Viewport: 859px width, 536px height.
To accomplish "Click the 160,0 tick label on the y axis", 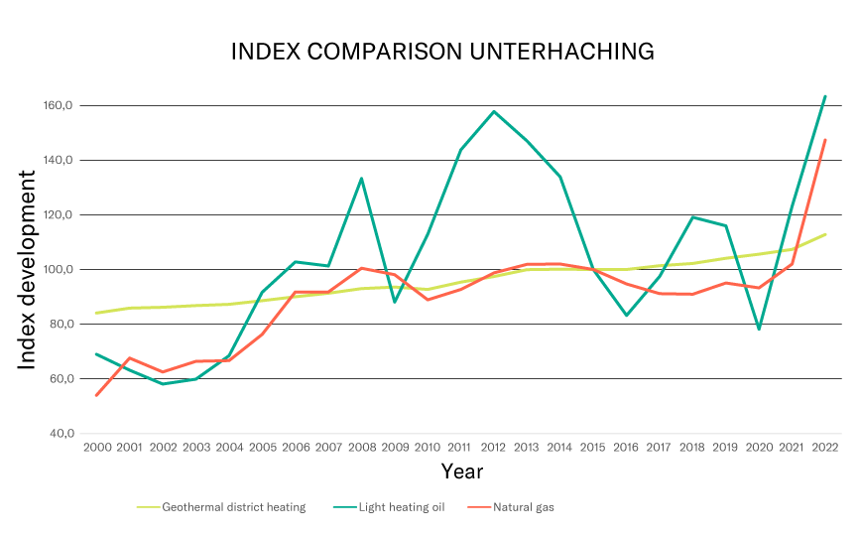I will (x=60, y=106).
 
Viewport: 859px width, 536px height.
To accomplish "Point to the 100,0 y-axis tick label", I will (x=60, y=270).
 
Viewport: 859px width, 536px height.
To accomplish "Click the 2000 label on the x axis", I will (x=96, y=448).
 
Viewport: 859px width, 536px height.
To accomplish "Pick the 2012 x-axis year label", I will (x=493, y=448).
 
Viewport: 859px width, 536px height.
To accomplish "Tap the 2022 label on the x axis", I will (x=825, y=448).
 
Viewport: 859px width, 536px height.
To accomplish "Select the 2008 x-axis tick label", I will (x=361, y=448).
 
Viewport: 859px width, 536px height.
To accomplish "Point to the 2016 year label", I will (x=626, y=448).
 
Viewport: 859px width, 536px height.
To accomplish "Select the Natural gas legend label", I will (x=523, y=507).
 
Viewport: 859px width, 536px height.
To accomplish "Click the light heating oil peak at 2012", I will (x=493, y=111).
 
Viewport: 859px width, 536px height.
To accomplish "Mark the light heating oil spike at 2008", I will (x=361, y=179).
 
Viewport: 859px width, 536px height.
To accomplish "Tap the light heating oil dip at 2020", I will (x=759, y=329).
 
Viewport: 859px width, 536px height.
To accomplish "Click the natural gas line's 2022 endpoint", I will (x=825, y=140).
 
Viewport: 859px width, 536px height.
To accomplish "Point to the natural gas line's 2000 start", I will (x=96, y=395).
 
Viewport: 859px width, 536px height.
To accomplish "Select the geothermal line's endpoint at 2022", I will (x=825, y=234).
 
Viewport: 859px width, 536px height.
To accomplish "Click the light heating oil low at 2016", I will (x=626, y=316).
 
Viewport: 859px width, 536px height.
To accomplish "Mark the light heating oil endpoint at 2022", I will (x=825, y=96).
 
